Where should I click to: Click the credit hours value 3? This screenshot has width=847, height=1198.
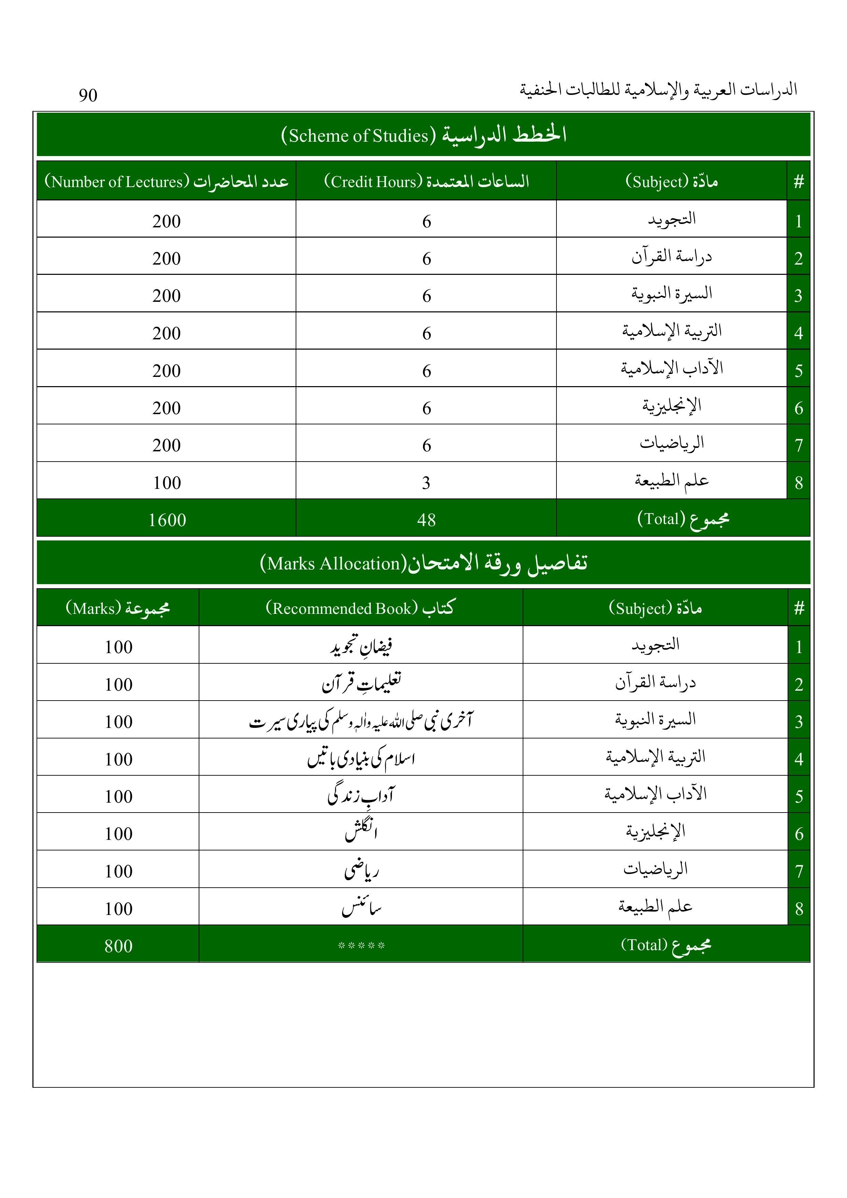[426, 483]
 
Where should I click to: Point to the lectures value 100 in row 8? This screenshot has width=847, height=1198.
[167, 483]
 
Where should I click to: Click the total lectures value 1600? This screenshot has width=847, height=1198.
[167, 520]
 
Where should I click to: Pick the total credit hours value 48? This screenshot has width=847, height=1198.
[426, 520]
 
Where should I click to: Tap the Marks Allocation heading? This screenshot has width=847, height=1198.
[423, 563]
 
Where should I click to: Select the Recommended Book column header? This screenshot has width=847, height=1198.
[360, 608]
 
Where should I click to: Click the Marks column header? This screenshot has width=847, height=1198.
[118, 608]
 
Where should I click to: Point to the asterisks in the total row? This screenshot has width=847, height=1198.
[361, 945]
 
